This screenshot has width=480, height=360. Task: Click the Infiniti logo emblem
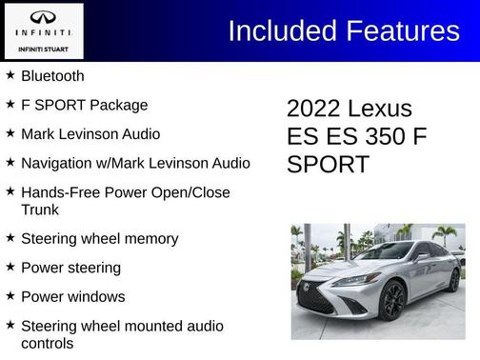tap(44, 17)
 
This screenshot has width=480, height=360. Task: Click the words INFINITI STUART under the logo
tap(44, 49)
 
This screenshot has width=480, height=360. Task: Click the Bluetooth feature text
tap(52, 76)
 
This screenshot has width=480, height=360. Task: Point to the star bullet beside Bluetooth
tap(10, 75)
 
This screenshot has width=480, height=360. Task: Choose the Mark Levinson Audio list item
tap(90, 134)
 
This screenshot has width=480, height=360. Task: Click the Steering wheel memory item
tap(99, 239)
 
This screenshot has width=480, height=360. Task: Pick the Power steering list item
tap(70, 268)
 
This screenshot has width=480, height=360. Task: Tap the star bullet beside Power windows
tap(10, 296)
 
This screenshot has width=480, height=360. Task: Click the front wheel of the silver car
tap(390, 302)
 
